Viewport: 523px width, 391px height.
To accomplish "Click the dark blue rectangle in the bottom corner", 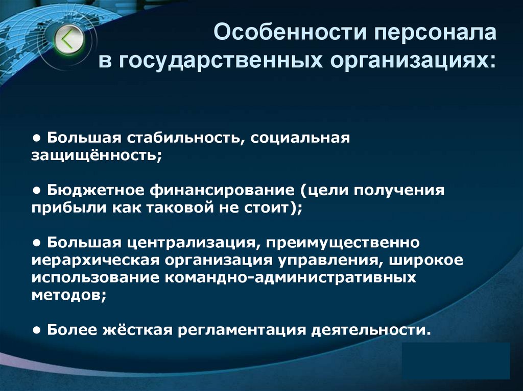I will tap(456, 360).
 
